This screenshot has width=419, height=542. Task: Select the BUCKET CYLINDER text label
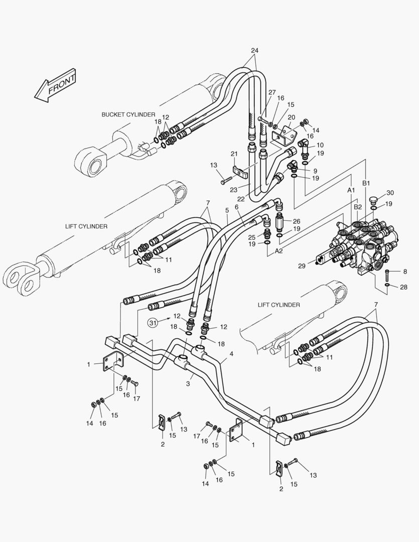tap(128, 114)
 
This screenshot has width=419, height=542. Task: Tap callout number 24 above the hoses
tap(254, 50)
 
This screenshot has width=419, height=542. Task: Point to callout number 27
tap(272, 92)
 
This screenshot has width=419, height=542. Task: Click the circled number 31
tap(153, 323)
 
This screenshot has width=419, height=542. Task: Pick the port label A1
tap(351, 190)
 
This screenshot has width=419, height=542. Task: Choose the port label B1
tap(366, 183)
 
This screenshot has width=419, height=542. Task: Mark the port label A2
tap(278, 251)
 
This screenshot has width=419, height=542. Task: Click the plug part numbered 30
tap(372, 201)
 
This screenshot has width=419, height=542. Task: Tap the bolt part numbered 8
tap(387, 275)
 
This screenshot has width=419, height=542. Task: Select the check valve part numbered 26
tap(281, 221)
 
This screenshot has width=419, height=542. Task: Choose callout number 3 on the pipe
tap(189, 384)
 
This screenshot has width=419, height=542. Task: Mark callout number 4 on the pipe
tap(231, 354)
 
